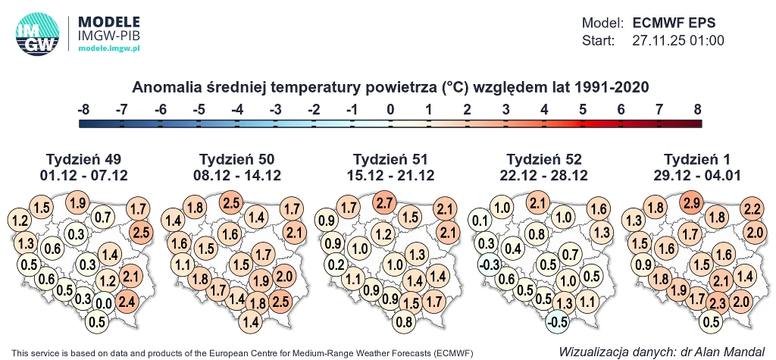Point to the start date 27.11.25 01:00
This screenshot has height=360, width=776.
point(678,40)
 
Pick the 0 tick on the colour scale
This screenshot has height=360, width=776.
point(390,110)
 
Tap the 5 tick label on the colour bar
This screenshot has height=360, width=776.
point(582,110)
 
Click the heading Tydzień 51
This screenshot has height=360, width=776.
point(391,159)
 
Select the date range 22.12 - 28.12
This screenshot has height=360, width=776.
point(544,175)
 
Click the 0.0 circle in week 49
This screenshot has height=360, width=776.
point(104,304)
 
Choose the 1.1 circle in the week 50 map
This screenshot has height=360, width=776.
point(182,265)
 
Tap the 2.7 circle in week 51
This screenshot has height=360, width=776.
point(385,202)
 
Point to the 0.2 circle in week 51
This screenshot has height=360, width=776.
point(336,264)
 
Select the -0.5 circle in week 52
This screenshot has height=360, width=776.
point(557,321)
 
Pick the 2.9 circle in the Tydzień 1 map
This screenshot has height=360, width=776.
point(690,203)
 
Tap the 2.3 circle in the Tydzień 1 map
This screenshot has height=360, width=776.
point(715,304)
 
